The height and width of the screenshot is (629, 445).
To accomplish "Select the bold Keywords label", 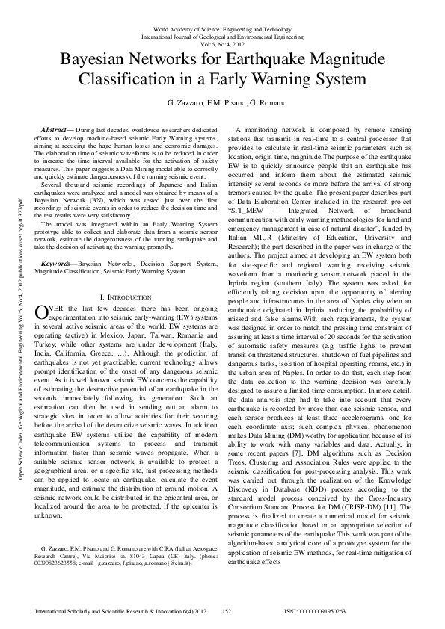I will [58, 263].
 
